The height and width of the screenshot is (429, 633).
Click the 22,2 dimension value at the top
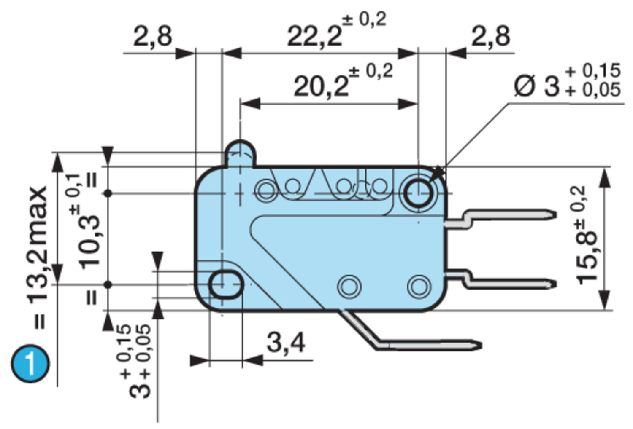pos(314,36)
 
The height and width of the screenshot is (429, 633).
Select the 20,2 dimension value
pos(321,86)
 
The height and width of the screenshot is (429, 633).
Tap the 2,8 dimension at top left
pos(153,36)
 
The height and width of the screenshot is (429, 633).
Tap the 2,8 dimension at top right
pos(490,36)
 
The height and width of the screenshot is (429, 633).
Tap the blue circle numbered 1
pos(30,364)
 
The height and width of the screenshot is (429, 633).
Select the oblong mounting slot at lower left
pos(226,284)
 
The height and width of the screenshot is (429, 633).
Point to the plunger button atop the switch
pos(240,153)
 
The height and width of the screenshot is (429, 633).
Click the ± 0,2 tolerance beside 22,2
pos(364,20)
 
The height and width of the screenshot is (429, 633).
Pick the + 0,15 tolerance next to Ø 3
pos(593,71)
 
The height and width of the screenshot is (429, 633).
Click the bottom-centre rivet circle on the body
pos(349,286)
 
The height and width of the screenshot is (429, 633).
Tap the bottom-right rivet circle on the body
pos(419,286)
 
